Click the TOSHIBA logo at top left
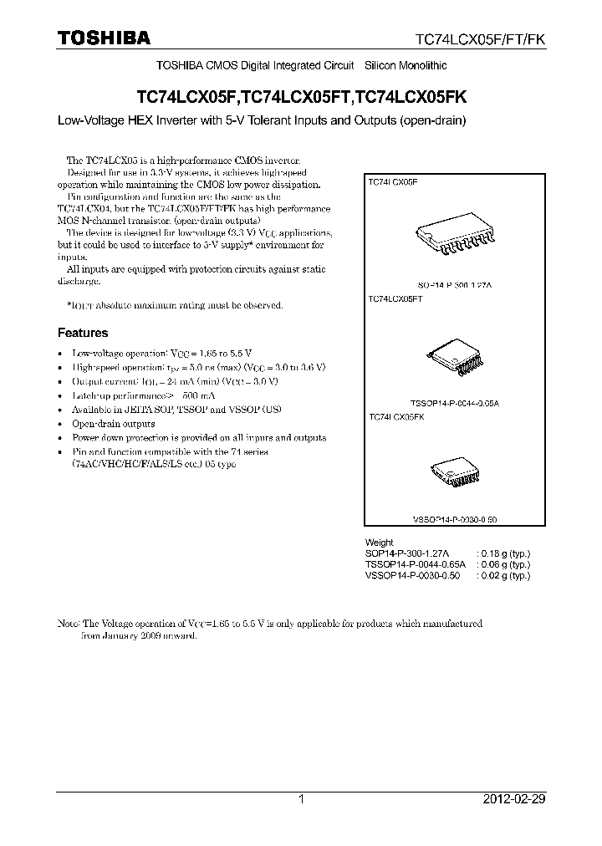coord(103,38)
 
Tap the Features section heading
coord(82,333)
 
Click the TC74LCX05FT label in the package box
coord(395,298)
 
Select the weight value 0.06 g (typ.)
coord(503,565)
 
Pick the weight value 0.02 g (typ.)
coord(503,576)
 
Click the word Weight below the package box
coord(379,543)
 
